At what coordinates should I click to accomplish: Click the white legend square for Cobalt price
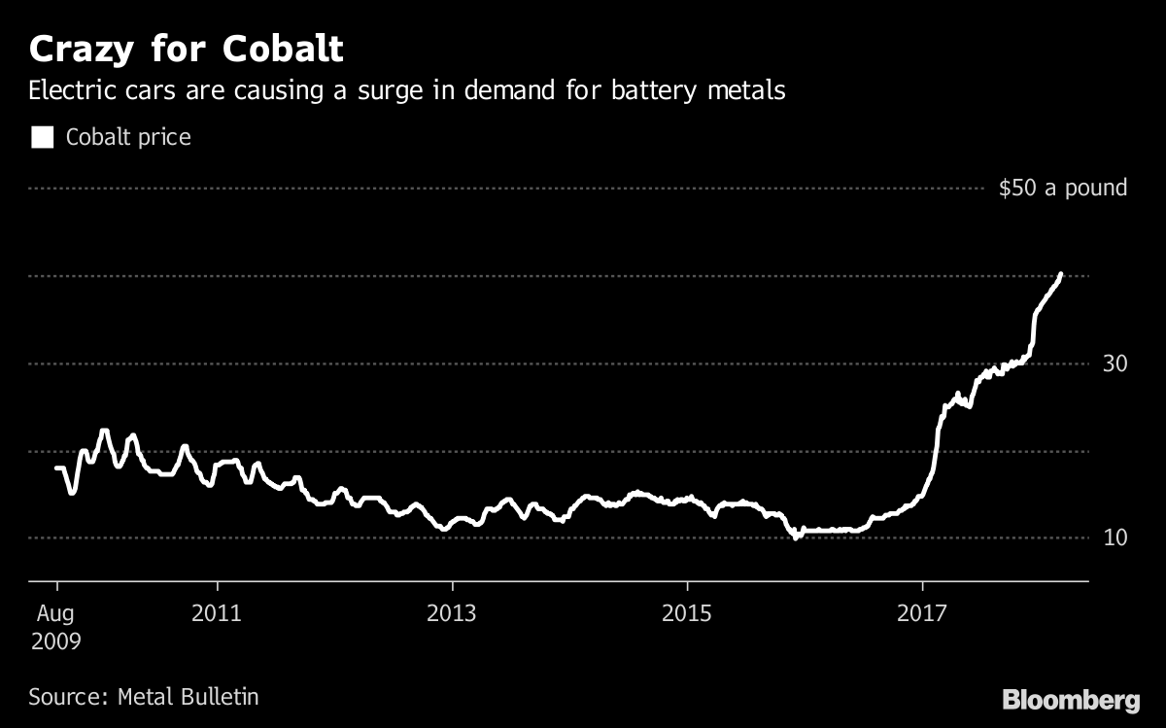(x=42, y=137)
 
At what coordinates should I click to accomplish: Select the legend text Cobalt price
(x=128, y=137)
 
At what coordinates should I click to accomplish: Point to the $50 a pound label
(x=1063, y=188)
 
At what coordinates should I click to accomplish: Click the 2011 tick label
(x=218, y=614)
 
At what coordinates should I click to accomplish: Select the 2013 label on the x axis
(x=452, y=614)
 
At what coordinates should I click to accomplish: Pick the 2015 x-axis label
(x=687, y=614)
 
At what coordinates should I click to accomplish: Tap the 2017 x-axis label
(x=921, y=614)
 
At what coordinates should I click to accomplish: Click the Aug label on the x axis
(x=56, y=614)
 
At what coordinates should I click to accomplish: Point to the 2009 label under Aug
(x=56, y=641)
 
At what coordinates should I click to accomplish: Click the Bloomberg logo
(x=1071, y=699)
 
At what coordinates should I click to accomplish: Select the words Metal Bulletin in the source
(x=188, y=696)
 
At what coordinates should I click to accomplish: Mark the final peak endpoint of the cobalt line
(x=1060, y=275)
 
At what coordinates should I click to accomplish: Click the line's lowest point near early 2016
(x=796, y=536)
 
